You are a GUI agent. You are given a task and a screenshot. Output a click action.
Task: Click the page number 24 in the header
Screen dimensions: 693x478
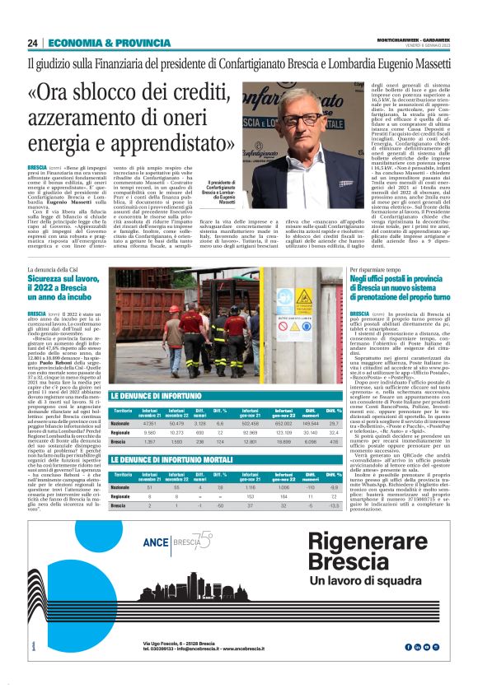click(33, 44)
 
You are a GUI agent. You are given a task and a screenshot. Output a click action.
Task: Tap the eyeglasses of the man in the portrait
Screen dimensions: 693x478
click(306, 121)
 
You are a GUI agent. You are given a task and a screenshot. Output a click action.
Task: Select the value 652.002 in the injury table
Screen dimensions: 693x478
click(284, 401)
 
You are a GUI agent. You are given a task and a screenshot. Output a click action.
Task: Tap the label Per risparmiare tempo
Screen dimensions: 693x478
click(375, 270)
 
